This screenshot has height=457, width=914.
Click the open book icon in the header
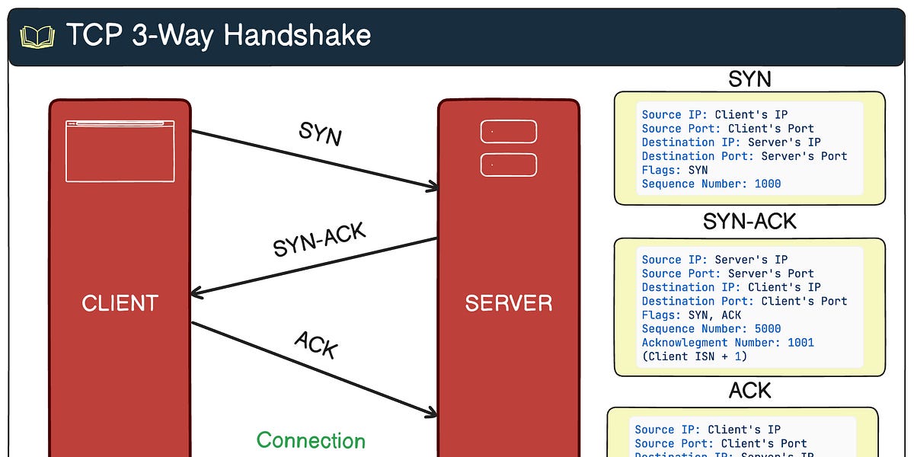[x=37, y=36]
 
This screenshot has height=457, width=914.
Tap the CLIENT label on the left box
[x=120, y=303]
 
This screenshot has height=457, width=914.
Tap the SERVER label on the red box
[x=508, y=303]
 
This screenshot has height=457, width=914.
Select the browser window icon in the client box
[x=120, y=151]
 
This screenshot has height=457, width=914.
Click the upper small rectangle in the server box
[x=508, y=132]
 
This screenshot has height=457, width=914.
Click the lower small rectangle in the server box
[x=508, y=165]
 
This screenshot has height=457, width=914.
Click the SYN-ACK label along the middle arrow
[x=320, y=240]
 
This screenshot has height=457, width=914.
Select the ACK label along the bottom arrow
[x=316, y=344]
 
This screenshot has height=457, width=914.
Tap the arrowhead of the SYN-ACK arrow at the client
[x=197, y=292]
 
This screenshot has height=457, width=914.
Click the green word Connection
[x=311, y=440]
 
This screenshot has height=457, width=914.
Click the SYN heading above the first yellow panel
[x=749, y=79]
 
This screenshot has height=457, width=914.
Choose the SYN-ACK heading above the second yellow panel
[x=749, y=222]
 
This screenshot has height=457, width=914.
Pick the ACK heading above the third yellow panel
[x=749, y=391]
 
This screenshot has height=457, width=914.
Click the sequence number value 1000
[x=767, y=184]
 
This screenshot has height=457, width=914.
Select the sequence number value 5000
[x=767, y=329]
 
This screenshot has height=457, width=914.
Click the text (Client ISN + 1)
[x=694, y=356]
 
